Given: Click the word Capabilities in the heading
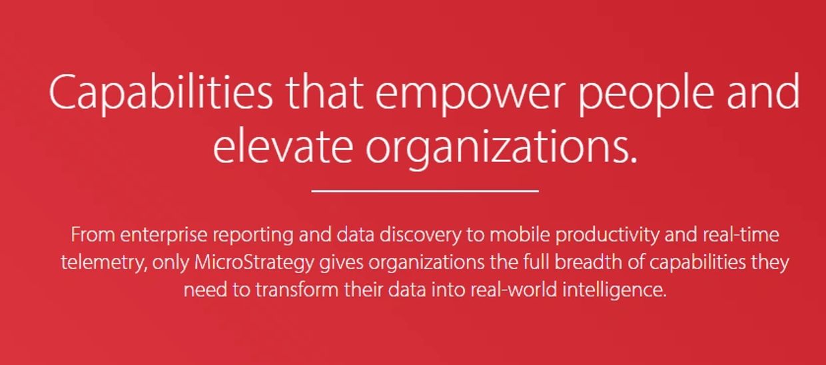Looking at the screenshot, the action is coord(161,93).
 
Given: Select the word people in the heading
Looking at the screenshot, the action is coord(645,94).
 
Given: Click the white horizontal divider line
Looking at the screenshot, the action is coord(425,190).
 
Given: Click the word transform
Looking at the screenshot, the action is coord(297,290).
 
